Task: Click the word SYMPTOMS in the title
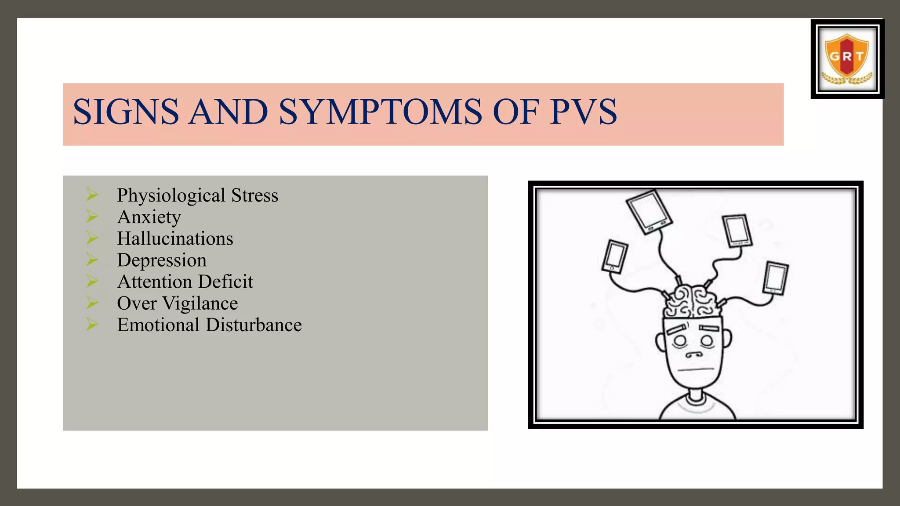coord(380,112)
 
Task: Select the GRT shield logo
coord(847,59)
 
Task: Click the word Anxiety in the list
coord(149,217)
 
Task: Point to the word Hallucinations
coord(175,239)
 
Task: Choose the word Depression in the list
coord(162,260)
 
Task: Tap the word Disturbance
coord(254,325)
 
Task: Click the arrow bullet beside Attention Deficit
coord(92,281)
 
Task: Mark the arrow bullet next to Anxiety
coord(92,216)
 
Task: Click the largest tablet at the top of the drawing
coord(649,212)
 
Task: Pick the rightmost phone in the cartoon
coord(776,278)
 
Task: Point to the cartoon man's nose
coord(694,354)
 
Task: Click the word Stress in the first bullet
coord(255,195)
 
